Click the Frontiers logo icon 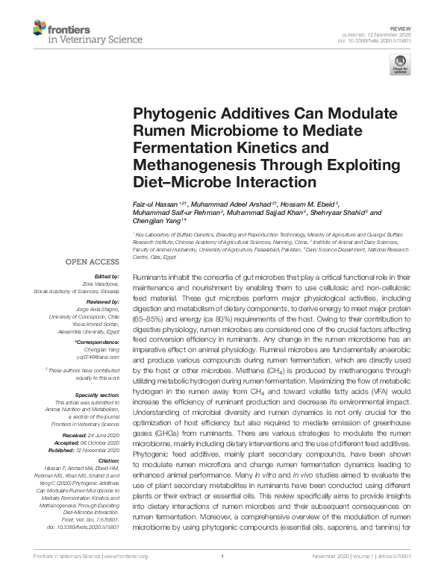(39, 29)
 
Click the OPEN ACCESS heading (92, 262)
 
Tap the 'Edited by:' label (104, 277)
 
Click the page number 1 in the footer (222, 577)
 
